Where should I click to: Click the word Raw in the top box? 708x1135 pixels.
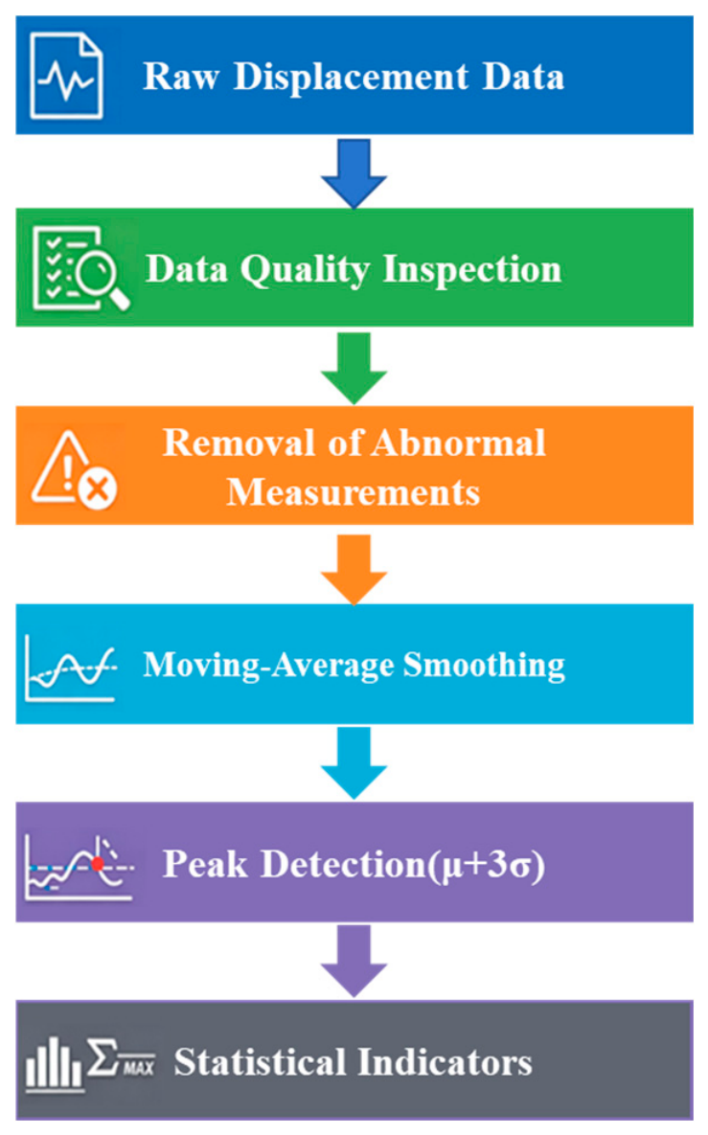point(180,76)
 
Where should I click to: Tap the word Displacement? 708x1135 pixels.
point(351,78)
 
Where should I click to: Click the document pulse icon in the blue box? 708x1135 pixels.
point(66,76)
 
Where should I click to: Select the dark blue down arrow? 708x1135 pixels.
point(354,173)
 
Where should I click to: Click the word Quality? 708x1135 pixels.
point(305,270)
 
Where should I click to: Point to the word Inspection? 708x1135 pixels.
point(472,270)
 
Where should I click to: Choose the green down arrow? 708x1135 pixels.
point(354,368)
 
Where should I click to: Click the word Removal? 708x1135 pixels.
point(240,443)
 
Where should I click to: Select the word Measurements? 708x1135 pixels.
point(354,492)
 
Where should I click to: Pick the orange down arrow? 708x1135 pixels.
point(354,569)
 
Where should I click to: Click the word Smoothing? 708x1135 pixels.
point(485,666)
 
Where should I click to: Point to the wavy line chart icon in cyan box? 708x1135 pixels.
point(70,668)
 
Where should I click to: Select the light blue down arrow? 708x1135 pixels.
point(354,763)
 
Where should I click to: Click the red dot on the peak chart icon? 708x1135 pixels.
point(98,863)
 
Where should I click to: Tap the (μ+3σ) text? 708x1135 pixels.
point(488,865)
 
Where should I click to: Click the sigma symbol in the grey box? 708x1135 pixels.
point(103,1057)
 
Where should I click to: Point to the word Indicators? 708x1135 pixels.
point(445,1062)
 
